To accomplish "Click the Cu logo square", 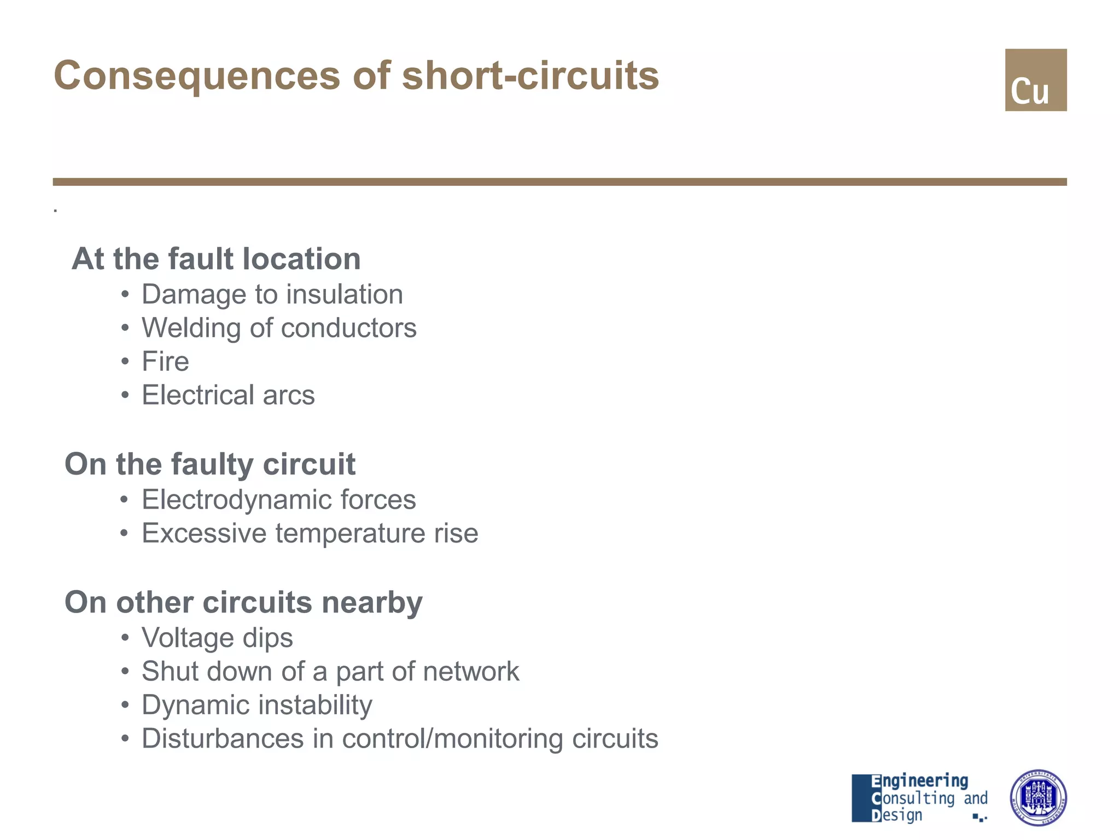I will click(1035, 80).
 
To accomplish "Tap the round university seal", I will click(1037, 797).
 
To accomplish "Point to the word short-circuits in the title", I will click(530, 75).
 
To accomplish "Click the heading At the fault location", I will click(216, 259).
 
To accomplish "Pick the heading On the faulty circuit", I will click(210, 464).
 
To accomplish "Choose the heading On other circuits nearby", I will click(243, 602).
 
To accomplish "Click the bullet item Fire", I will click(165, 361).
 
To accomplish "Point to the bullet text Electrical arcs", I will click(228, 395).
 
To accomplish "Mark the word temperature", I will click(350, 533).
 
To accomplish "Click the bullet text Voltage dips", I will click(217, 638).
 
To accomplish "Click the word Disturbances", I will click(223, 738).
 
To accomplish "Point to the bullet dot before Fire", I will click(125, 361).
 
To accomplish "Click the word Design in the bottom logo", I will click(897, 815).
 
